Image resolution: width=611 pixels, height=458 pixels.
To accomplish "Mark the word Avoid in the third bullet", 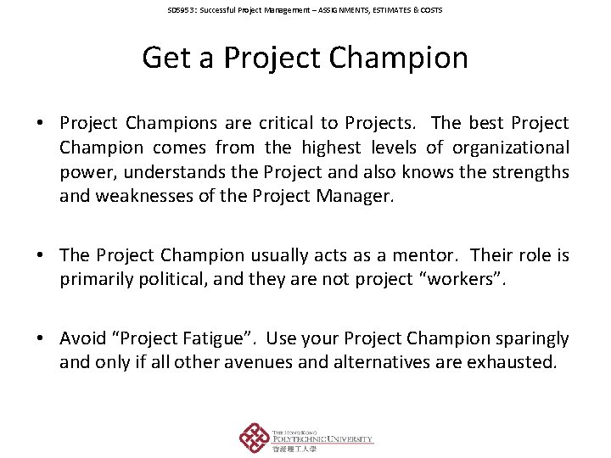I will (x=82, y=338).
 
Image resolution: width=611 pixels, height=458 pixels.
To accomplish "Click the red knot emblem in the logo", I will (x=254, y=438).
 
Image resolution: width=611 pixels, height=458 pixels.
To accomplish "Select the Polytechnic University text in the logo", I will (x=322, y=439).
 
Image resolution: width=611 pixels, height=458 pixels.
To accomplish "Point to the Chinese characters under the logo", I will (x=294, y=450).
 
